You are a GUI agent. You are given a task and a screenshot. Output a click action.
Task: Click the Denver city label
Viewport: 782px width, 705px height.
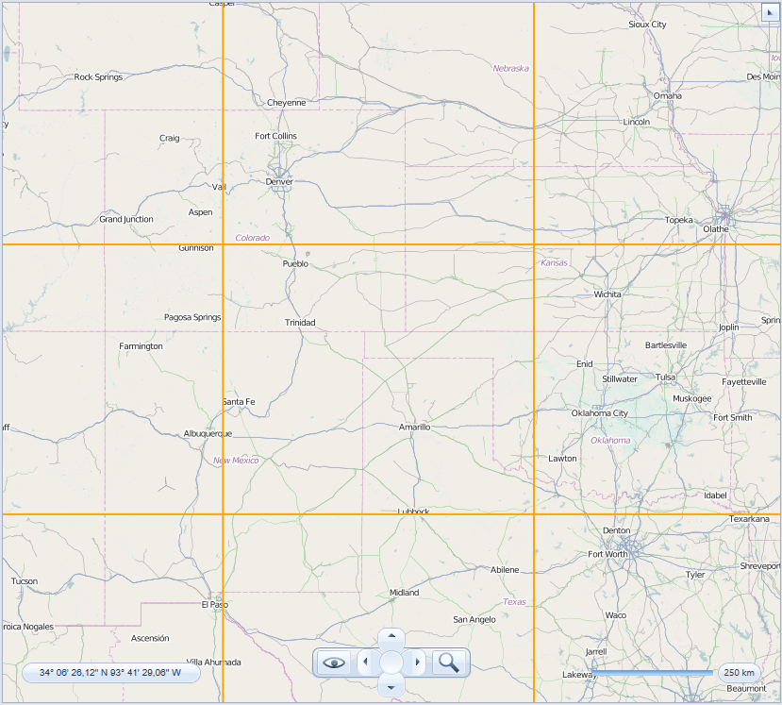coord(279,181)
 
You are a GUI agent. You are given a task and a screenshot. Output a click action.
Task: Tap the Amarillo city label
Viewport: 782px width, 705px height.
coord(414,427)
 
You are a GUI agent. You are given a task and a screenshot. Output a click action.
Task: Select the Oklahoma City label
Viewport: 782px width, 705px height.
coord(599,412)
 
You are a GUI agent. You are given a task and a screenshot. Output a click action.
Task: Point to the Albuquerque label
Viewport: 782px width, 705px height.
coord(208,434)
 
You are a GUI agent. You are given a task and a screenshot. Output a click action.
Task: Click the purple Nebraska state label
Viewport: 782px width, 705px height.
coord(510,68)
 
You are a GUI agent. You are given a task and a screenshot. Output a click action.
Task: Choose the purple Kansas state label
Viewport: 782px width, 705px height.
coord(555,262)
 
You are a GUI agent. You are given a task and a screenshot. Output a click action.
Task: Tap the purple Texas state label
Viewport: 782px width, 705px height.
coord(514,601)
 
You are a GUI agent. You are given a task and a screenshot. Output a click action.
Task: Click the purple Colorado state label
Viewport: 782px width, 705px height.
coord(253,238)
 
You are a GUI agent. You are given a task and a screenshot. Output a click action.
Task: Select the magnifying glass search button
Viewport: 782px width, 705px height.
coord(450,663)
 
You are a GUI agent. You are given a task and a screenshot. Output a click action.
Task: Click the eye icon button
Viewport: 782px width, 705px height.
coord(334,663)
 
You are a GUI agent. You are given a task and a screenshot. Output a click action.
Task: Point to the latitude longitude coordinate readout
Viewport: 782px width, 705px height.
coord(110,673)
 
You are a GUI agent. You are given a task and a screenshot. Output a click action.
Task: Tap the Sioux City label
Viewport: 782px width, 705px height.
coord(647,25)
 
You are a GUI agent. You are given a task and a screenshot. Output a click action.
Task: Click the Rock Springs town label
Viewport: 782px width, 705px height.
coord(98,76)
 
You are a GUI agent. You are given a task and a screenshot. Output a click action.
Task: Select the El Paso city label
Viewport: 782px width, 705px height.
coord(215,604)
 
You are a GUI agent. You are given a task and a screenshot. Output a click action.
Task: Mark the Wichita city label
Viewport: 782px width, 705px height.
coord(607,294)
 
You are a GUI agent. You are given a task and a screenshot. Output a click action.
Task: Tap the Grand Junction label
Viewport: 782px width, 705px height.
coord(126,219)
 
